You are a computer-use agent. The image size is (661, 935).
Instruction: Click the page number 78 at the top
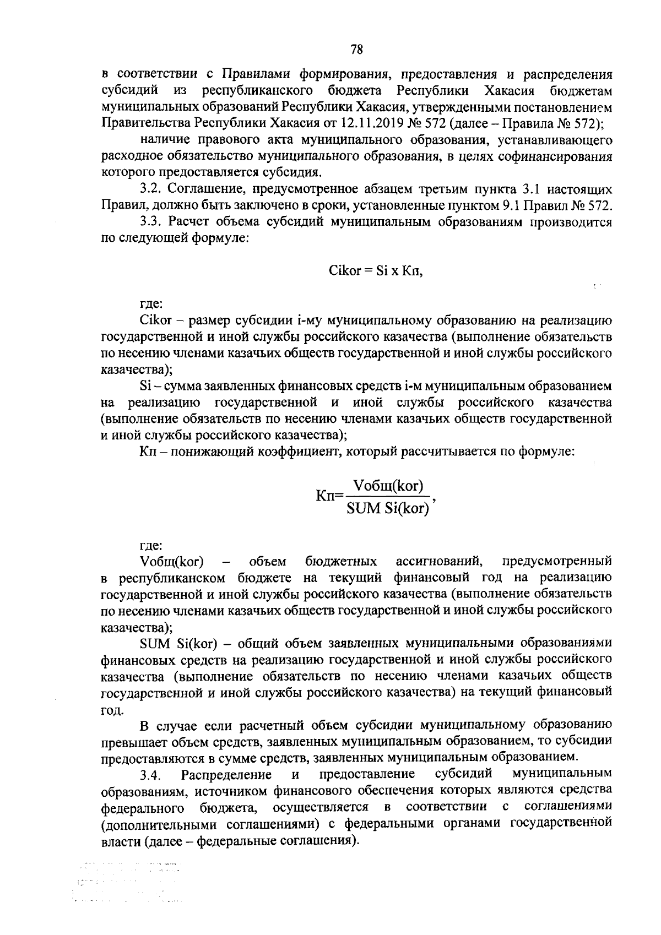tap(356, 50)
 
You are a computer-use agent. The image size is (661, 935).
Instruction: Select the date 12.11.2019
tap(435, 121)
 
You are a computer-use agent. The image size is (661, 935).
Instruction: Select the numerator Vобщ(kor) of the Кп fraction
tap(389, 486)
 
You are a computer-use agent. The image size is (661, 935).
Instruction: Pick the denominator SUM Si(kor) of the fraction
tap(388, 508)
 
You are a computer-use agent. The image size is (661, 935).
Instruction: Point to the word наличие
tap(163, 141)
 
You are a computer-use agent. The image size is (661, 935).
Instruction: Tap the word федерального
tap(143, 808)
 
